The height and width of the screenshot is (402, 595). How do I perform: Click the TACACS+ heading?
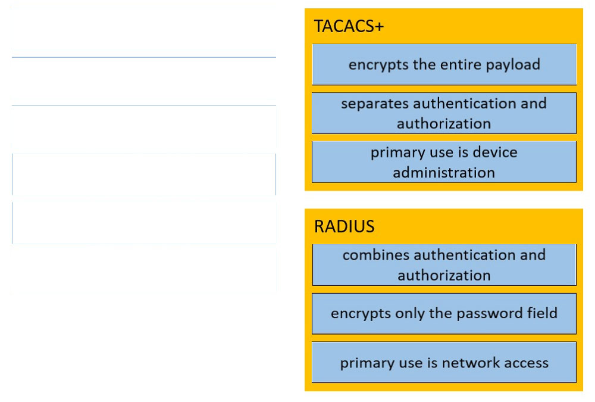point(349,26)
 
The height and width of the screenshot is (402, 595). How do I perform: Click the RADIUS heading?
point(344,226)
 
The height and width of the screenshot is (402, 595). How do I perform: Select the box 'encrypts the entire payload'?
point(444,64)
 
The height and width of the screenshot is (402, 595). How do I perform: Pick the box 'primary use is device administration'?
point(444,162)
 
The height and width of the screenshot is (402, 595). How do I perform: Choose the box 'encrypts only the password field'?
point(444,313)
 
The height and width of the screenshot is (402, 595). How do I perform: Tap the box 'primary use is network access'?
point(444,362)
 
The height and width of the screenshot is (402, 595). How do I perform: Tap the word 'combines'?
point(375,254)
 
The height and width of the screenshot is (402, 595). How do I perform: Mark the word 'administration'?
point(444,173)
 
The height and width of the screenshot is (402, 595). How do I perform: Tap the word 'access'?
point(527,363)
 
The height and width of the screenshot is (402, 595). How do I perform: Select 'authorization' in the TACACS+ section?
point(444,124)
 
